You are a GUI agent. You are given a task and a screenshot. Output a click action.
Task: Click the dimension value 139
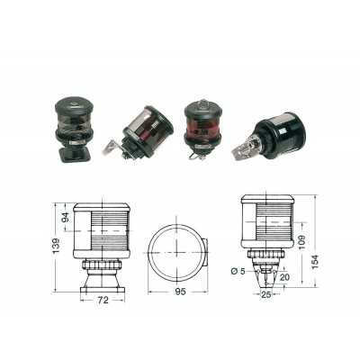click(x=57, y=247)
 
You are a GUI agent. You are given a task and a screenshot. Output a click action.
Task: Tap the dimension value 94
click(x=66, y=217)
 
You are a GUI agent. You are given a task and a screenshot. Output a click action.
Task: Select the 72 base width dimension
click(x=103, y=300)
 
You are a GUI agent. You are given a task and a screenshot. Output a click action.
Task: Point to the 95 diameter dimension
click(x=180, y=292)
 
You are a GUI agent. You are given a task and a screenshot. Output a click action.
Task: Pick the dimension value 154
click(x=316, y=262)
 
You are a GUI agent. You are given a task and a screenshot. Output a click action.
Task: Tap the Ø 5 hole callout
click(x=238, y=272)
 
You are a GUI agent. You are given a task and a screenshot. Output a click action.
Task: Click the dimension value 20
click(x=284, y=277)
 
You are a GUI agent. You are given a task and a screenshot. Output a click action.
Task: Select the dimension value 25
click(x=266, y=295)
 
